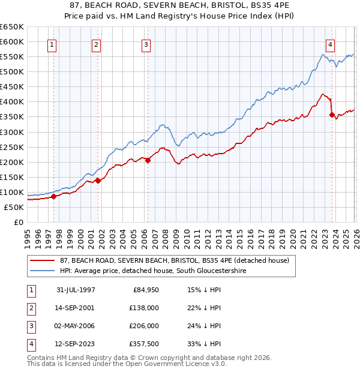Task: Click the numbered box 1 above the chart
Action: [52, 44]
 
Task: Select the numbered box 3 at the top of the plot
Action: [146, 44]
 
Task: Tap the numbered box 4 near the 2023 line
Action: [331, 44]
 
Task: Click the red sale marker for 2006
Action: [148, 160]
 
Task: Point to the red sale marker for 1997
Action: [53, 196]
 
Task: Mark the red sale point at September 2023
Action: [332, 114]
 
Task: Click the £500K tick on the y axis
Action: [12, 71]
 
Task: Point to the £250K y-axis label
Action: [12, 147]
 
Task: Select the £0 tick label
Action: [18, 222]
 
